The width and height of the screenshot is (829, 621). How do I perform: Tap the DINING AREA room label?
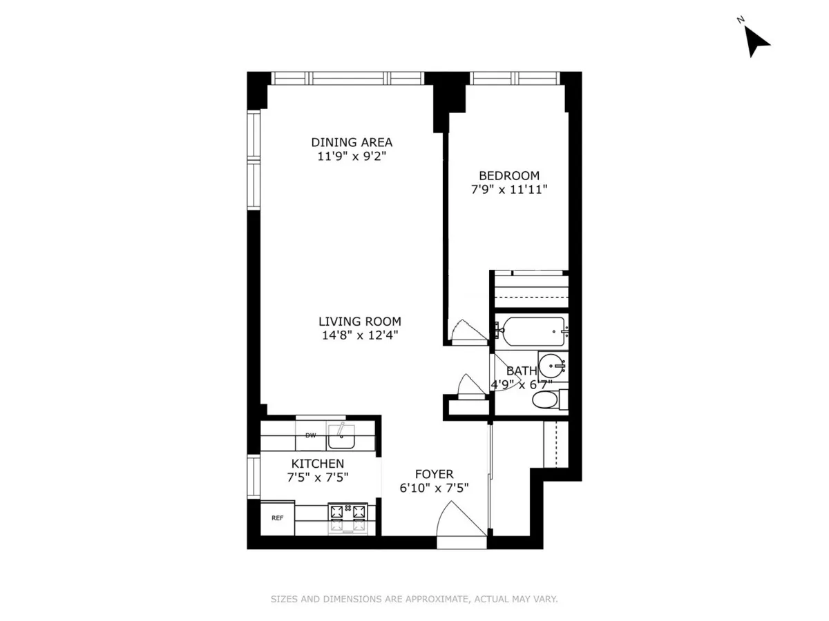(352, 142)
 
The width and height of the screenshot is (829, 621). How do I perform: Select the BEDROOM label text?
(509, 175)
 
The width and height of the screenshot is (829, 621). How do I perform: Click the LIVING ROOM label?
(359, 321)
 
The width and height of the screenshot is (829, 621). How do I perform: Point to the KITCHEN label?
(317, 463)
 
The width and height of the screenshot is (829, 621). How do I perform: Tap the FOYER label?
(434, 474)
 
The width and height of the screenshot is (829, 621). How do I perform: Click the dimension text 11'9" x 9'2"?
(352, 157)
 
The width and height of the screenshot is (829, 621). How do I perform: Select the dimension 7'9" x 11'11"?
(509, 190)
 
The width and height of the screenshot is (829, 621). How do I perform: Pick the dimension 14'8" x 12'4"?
(359, 335)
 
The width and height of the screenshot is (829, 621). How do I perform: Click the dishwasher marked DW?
(311, 435)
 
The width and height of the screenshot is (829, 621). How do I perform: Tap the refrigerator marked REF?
(277, 518)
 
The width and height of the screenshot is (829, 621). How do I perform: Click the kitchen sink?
(341, 435)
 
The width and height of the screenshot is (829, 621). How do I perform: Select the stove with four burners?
(347, 518)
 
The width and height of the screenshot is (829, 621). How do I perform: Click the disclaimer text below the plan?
(414, 599)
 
